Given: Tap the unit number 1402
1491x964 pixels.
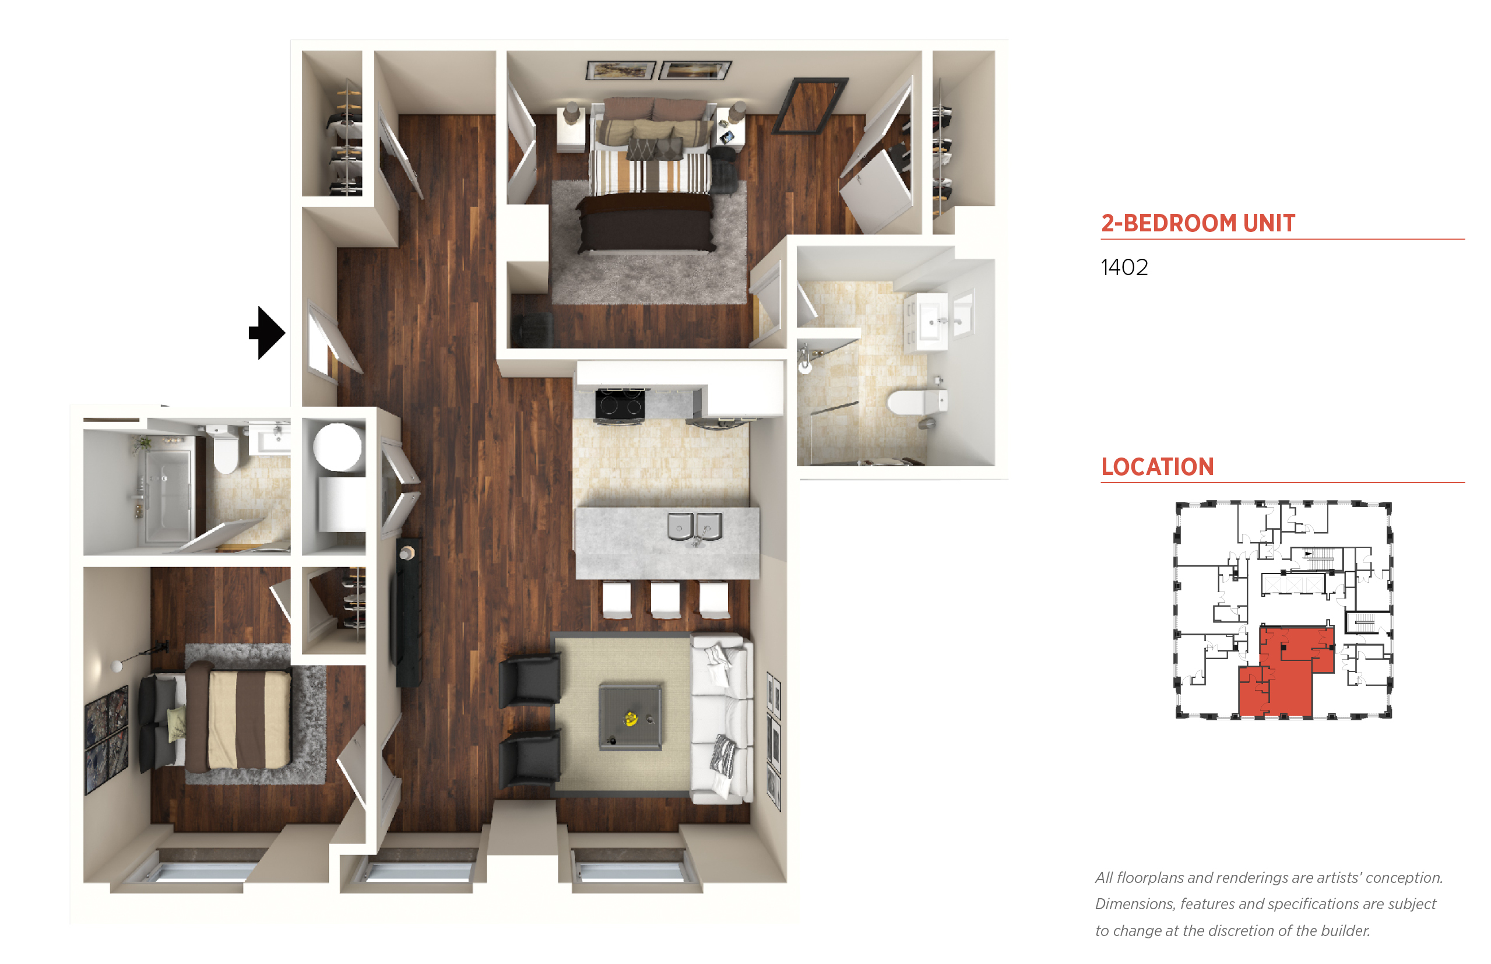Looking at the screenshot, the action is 1124,268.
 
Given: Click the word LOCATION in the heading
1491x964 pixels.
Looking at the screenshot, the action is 1158,467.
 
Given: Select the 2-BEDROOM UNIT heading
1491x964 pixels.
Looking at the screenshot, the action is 1198,223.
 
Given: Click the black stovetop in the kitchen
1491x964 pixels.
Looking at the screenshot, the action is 619,405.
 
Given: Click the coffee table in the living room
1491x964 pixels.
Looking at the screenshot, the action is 630,716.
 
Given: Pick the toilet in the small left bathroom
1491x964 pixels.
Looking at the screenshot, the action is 226,448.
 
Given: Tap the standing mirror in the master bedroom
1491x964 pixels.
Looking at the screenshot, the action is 810,107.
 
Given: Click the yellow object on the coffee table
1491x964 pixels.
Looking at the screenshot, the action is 630,719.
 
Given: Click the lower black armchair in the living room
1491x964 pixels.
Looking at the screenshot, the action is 530,759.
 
